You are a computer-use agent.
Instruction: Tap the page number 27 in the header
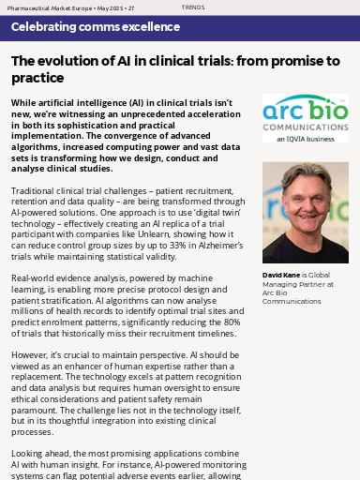pyautogui.click(x=131, y=7)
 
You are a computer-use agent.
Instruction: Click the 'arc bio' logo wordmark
pyautogui.click(x=305, y=108)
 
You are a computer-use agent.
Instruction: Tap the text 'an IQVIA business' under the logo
pyautogui.click(x=305, y=139)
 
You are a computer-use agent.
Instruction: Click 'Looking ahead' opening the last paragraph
pyautogui.click(x=40, y=452)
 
